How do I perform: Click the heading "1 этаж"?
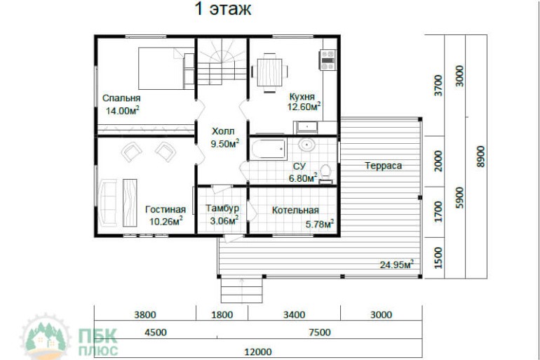click(223, 9)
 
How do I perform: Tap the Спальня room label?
click(121, 98)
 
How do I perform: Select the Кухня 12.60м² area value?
click(304, 107)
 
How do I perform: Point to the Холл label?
click(223, 131)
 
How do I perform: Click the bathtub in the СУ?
click(269, 149)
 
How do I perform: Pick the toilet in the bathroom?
click(325, 174)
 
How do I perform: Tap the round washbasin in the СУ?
click(306, 145)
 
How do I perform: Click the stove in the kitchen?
click(328, 60)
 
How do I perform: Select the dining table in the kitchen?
click(269, 73)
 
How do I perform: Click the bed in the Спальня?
click(167, 68)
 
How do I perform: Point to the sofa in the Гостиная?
click(108, 203)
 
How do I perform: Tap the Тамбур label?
click(222, 208)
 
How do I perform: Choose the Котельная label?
click(295, 210)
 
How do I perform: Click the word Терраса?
click(384, 166)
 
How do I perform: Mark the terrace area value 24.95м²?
click(397, 265)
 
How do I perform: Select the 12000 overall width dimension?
click(258, 352)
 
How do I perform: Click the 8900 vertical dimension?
click(480, 156)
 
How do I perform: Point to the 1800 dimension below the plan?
click(222, 315)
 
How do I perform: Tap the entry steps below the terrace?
click(241, 290)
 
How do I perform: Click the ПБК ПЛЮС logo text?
click(98, 342)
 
